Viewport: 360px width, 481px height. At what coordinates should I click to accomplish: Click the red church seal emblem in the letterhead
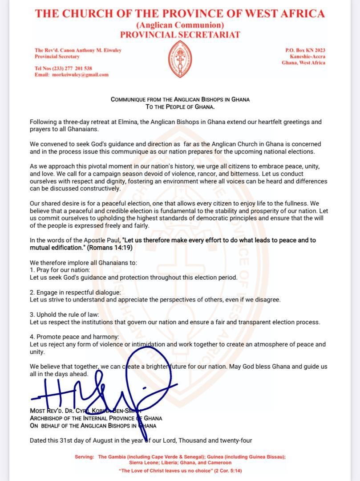point(180,59)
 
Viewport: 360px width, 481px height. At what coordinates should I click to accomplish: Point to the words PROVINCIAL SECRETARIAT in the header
point(180,35)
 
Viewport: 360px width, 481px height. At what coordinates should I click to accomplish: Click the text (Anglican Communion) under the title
point(180,25)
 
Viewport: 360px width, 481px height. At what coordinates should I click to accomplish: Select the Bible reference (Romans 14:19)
point(107,247)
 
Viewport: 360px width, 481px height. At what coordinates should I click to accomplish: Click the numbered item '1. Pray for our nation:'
point(60,270)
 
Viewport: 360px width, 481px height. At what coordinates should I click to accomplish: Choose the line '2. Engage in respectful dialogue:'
point(75,292)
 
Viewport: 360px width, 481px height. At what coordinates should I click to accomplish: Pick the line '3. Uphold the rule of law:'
point(64,314)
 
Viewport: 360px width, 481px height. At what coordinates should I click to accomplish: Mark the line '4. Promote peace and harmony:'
point(74,337)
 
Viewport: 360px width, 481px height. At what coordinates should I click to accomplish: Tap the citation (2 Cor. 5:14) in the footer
point(226,470)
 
